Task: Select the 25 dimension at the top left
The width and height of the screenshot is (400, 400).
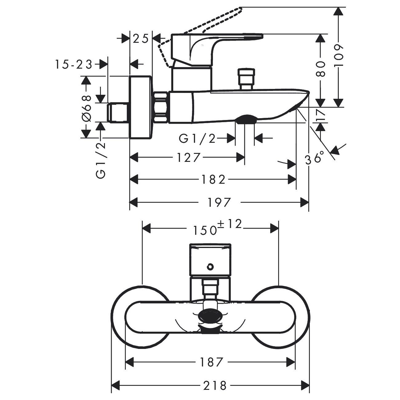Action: click(141, 38)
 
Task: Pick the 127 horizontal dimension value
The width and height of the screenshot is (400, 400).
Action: click(188, 158)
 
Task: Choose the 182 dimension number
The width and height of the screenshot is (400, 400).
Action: click(213, 180)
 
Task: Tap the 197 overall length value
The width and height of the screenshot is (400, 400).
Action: click(219, 202)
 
